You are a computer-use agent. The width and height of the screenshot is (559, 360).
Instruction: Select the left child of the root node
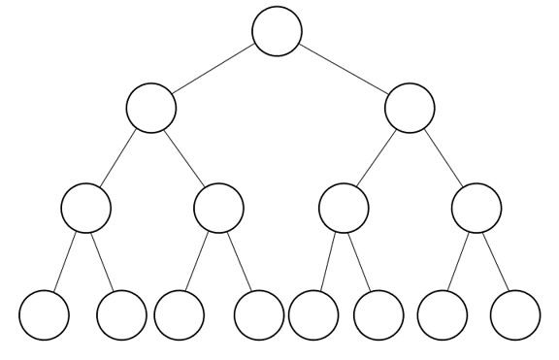(x=151, y=108)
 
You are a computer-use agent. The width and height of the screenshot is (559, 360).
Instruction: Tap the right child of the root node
(x=410, y=108)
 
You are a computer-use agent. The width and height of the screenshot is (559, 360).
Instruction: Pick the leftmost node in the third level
(x=85, y=207)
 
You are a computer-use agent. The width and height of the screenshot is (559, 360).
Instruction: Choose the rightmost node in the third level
(x=477, y=207)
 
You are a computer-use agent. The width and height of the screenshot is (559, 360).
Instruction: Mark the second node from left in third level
(x=218, y=207)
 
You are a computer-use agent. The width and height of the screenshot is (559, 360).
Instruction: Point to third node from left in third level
(x=345, y=207)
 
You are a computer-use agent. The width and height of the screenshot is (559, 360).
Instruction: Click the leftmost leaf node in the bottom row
(x=45, y=314)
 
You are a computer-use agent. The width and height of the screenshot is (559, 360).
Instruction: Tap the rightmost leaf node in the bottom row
(x=515, y=314)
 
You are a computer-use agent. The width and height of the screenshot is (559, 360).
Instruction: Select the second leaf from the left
(x=122, y=314)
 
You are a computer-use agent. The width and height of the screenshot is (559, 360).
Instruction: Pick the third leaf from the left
(x=180, y=314)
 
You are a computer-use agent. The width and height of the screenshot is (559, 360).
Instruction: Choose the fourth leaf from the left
(x=259, y=314)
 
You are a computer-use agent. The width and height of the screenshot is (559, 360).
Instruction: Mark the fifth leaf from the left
(x=313, y=314)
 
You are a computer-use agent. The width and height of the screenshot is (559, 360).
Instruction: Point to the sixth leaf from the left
(x=378, y=314)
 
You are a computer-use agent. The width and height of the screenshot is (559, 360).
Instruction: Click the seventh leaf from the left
(x=442, y=314)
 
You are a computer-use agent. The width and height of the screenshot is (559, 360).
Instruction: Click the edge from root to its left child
(x=214, y=69)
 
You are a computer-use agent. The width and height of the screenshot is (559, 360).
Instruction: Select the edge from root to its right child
(x=343, y=69)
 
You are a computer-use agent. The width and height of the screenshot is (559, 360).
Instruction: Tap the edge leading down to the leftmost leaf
(x=65, y=261)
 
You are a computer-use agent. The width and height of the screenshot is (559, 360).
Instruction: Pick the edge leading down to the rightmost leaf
(x=496, y=261)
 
